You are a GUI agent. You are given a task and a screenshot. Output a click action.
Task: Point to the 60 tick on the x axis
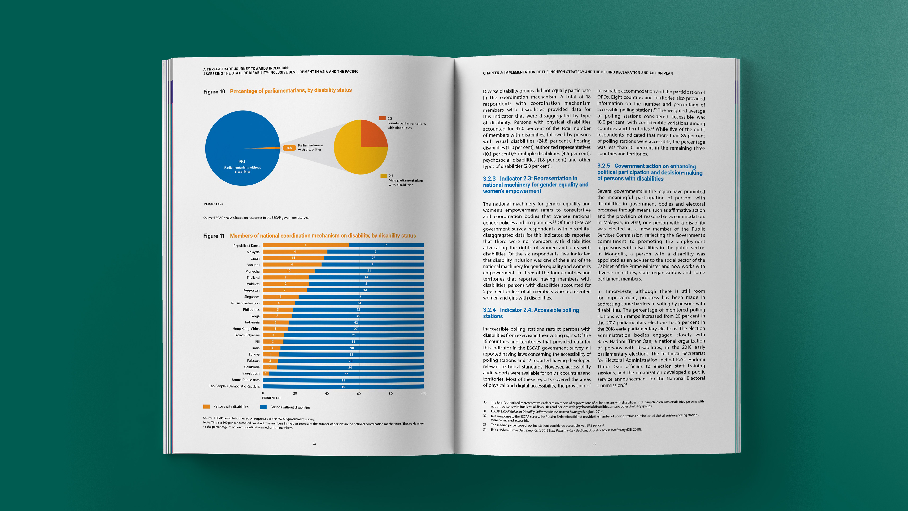(358, 394)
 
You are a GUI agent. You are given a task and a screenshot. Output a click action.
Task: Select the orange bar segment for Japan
(293, 258)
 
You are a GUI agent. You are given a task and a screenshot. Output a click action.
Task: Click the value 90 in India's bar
(352, 348)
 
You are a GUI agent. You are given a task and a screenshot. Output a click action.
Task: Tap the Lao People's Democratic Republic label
(234, 386)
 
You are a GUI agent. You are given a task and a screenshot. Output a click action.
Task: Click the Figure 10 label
(214, 92)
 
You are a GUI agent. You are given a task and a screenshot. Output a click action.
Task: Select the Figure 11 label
(214, 236)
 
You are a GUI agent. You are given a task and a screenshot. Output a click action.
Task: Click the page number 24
(314, 444)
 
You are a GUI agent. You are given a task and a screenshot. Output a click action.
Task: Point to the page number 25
(594, 444)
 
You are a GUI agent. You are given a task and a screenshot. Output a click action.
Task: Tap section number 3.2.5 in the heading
(603, 166)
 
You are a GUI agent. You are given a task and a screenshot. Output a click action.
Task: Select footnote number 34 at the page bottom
(485, 430)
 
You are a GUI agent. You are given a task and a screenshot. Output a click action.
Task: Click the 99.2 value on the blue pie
(242, 162)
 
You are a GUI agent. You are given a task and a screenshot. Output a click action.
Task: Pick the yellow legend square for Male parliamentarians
(384, 176)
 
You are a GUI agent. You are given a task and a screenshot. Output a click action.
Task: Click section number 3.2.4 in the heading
(489, 310)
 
